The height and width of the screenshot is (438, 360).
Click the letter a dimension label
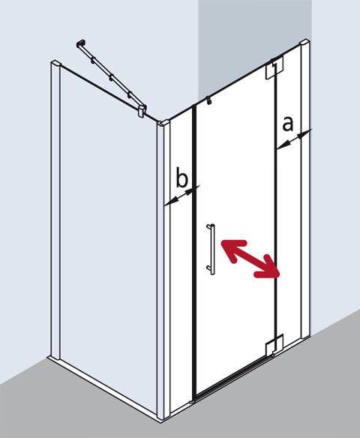pos(287,124)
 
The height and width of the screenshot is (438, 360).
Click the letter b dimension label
pos(181,178)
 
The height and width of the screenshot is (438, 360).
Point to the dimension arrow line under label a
pos(292,139)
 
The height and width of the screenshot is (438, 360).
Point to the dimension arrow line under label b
pos(179,196)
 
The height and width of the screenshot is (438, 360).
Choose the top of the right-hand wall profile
pos(303,44)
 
